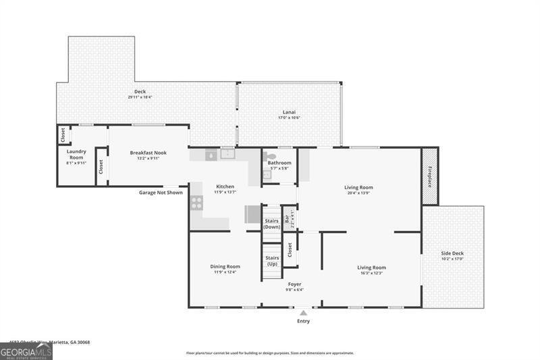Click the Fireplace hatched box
point(430,176)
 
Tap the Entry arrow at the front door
point(304,313)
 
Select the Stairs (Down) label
point(271,224)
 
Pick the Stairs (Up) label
point(271,261)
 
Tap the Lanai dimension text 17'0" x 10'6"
point(289,118)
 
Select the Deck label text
point(140,91)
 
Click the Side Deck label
point(452,253)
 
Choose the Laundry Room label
point(76,154)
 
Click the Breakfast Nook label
point(148,153)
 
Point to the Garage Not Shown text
point(161,192)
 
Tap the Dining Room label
point(225,266)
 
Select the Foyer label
point(294,284)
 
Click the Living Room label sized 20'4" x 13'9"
point(358,187)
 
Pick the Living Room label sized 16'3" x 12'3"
point(371,267)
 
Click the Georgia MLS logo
point(26,351)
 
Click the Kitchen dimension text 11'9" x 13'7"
point(225,192)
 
